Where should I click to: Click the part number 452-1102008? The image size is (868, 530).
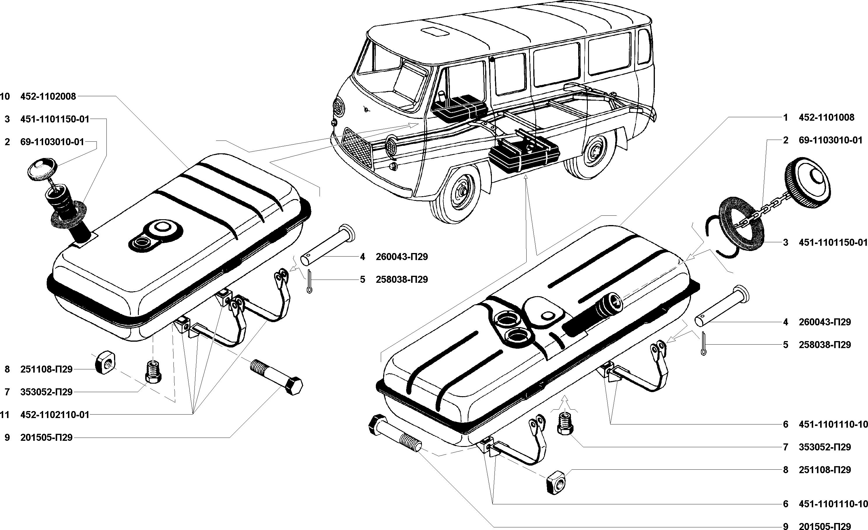(x=48, y=96)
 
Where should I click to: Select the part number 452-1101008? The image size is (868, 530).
(x=826, y=117)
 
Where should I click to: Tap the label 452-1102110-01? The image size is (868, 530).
(x=55, y=415)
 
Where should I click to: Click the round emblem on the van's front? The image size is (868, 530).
(x=367, y=110)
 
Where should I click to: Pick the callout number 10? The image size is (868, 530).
(x=5, y=96)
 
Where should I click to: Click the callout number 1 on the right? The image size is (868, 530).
(x=785, y=117)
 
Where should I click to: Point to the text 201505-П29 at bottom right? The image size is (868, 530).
(x=825, y=526)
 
